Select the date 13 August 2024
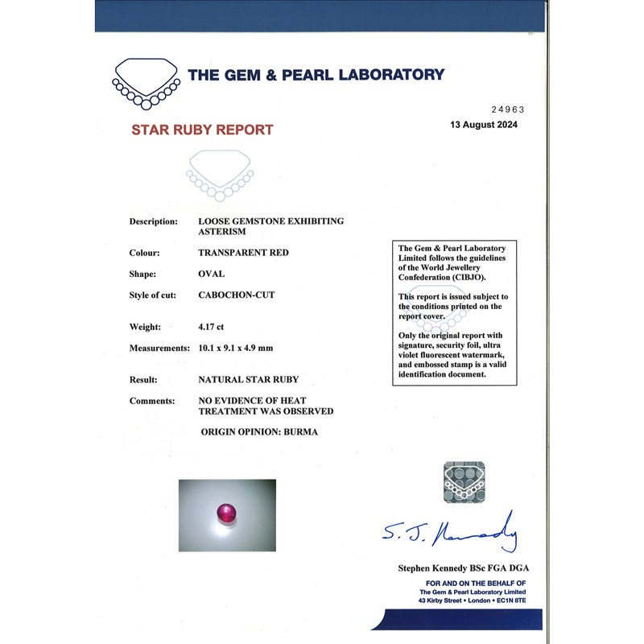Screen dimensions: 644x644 [x=484, y=125]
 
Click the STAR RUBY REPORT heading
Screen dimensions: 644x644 [x=202, y=130]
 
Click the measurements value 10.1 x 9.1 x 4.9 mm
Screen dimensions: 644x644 [x=247, y=349]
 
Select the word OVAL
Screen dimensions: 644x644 [x=211, y=274]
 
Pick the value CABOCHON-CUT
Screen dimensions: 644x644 [x=237, y=295]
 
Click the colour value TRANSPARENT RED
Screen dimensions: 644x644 [x=243, y=253]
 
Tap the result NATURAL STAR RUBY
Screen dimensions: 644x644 [x=249, y=379]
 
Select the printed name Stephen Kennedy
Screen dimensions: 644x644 [x=435, y=568]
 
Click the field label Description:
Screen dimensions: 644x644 [x=153, y=221]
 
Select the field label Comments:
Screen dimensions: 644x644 [x=152, y=400]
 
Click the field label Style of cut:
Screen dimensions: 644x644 [x=153, y=295]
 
